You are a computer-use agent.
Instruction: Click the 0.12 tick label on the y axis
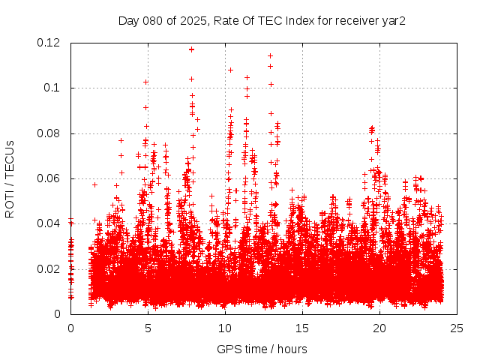50,43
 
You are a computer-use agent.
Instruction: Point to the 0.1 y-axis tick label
55,88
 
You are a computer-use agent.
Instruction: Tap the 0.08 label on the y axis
50,133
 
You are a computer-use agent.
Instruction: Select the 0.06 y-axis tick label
50,178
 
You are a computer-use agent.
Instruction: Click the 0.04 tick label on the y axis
50,223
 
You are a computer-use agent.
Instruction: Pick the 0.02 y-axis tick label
50,269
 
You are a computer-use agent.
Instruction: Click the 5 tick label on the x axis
148,328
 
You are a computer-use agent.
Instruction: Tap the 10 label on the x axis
225,328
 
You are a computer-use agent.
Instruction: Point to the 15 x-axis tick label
302,328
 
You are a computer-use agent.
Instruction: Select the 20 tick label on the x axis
379,328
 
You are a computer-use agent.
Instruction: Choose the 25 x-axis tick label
457,328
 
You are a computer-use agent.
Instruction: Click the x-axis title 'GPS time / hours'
262,349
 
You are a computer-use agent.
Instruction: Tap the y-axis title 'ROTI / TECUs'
10,178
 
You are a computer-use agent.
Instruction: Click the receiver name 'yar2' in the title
394,20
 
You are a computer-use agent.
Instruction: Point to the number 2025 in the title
192,20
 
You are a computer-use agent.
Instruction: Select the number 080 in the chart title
152,20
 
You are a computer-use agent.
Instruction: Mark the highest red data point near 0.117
191,49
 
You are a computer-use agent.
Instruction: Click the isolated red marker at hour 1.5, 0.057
94,184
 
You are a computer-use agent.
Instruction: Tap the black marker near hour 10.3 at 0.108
230,70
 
